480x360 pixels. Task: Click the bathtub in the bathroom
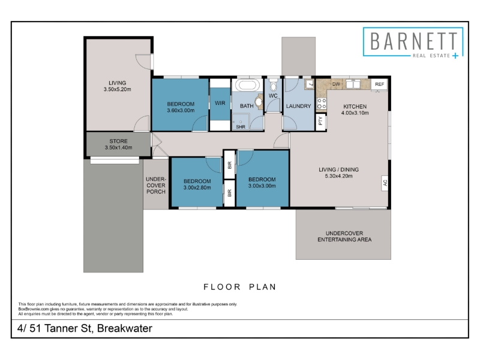(247, 85)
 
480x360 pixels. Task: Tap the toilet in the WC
(274, 86)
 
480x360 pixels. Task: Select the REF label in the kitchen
(379, 84)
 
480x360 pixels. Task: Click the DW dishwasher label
(336, 84)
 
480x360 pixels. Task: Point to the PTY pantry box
(320, 122)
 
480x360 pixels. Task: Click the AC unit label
(385, 183)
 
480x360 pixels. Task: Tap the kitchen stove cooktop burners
(322, 103)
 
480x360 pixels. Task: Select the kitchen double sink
(353, 84)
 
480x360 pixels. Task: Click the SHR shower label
(241, 127)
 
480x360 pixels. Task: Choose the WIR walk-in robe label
(220, 103)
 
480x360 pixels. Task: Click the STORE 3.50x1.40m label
(118, 144)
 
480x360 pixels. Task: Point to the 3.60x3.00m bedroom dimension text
(181, 110)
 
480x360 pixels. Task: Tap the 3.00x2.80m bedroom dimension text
(197, 188)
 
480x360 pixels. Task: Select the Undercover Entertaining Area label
(344, 236)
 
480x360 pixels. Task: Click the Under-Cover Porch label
(156, 185)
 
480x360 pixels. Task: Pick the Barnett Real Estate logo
(413, 42)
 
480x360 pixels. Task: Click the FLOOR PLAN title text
(240, 287)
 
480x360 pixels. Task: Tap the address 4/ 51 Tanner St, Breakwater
(85, 328)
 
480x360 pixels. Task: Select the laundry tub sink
(309, 84)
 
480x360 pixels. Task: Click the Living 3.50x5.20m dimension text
(117, 89)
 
